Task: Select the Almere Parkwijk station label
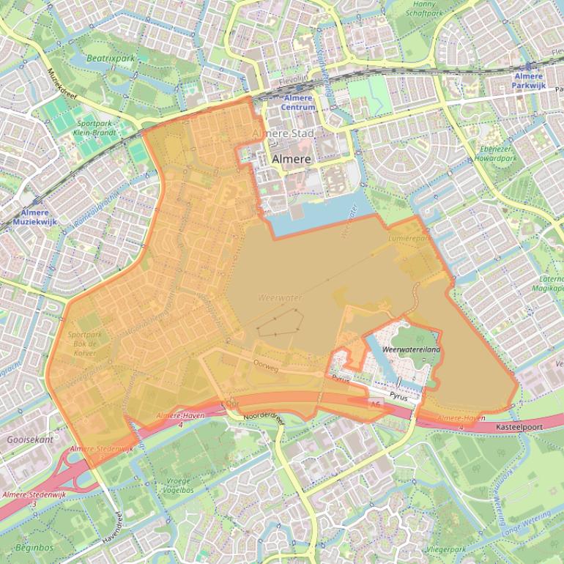pyautogui.click(x=528, y=81)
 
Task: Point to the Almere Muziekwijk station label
pyautogui.click(x=35, y=216)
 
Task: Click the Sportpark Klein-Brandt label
pyautogui.click(x=96, y=129)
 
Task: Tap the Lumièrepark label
pyautogui.click(x=409, y=239)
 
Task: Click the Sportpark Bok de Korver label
pyautogui.click(x=86, y=344)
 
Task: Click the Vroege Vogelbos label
pyautogui.click(x=179, y=486)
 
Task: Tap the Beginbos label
pyautogui.click(x=34, y=547)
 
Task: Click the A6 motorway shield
pyautogui.click(x=376, y=404)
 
